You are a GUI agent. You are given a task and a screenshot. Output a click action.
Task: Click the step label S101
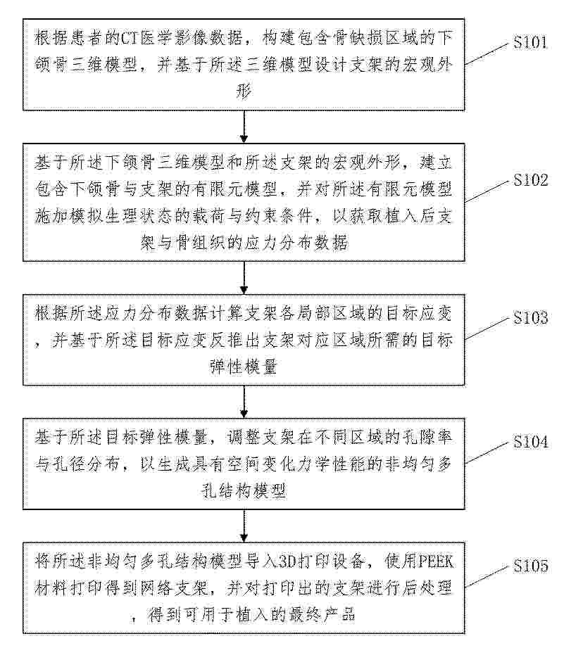click(530, 42)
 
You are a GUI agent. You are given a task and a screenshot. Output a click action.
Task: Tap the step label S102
click(531, 180)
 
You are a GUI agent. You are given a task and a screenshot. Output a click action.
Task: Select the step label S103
click(531, 317)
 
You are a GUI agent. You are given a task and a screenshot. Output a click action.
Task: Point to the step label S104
click(531, 442)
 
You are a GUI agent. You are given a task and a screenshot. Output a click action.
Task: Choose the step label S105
click(531, 566)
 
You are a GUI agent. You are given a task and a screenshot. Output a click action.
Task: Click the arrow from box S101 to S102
click(244, 127)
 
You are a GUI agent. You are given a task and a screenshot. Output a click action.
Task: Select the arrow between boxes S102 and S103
click(244, 278)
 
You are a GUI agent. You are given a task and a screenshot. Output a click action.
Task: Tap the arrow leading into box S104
click(244, 402)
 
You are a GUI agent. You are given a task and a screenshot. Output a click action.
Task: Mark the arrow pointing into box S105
click(244, 526)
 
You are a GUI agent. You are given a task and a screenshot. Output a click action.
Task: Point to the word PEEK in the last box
click(437, 562)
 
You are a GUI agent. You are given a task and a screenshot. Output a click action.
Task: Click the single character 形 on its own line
click(244, 91)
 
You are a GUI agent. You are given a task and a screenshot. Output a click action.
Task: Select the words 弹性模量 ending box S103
click(244, 367)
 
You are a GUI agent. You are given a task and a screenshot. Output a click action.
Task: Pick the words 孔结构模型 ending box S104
click(244, 491)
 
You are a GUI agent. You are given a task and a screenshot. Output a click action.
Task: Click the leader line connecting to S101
click(487, 54)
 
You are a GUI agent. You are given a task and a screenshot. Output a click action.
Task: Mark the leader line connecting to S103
click(487, 329)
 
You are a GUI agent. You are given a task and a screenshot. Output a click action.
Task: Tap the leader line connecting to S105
click(487, 576)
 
